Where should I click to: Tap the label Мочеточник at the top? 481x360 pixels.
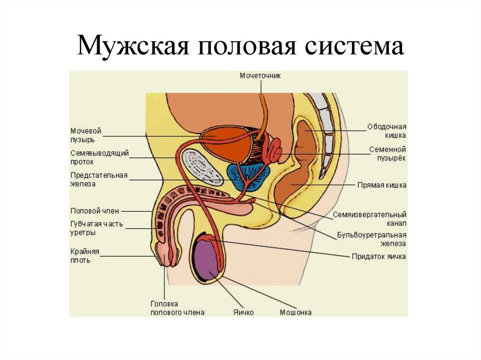[260, 75]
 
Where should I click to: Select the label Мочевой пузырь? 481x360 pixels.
[86, 135]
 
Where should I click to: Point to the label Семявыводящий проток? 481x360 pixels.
[100, 157]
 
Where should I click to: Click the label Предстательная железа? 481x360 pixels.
[99, 180]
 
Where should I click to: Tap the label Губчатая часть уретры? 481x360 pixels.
[96, 228]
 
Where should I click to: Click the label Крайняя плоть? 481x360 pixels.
[85, 255]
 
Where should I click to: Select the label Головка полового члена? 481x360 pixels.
[177, 308]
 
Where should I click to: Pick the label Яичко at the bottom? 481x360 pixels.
[243, 312]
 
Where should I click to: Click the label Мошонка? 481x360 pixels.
[295, 312]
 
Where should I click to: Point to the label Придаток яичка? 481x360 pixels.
[379, 257]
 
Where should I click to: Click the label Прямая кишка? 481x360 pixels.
[381, 185]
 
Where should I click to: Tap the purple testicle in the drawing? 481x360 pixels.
[206, 259]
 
